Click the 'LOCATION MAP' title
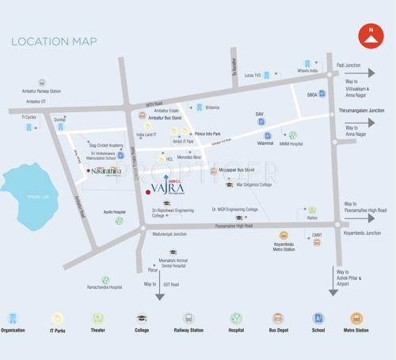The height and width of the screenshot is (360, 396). tap(54, 41)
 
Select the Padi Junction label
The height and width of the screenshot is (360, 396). tap(349, 65)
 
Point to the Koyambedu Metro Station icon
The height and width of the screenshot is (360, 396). tap(284, 236)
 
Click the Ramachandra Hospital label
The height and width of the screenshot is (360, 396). tap(105, 287)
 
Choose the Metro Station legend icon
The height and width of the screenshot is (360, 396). tap(356, 319)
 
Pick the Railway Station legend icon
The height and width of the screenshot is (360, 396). tap(188, 319)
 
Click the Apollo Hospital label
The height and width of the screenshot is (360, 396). tap(114, 212)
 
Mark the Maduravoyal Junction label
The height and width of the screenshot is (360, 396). tap(169, 233)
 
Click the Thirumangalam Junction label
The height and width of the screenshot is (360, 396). tap(361, 111)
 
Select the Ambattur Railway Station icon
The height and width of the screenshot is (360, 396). tap(42, 82)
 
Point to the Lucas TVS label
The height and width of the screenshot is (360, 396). tap(253, 75)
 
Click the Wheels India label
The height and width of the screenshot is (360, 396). tap(307, 71)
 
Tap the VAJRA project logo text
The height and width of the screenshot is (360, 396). tap(168, 189)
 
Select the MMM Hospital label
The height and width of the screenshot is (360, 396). tap(291, 144)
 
